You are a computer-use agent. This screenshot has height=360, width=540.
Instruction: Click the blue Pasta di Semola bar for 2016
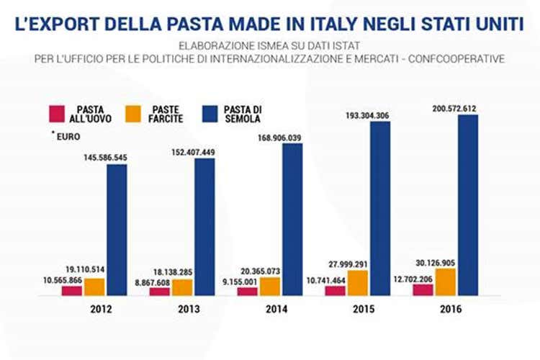point(467,205)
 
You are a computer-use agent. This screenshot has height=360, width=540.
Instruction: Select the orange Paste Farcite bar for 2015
point(358,282)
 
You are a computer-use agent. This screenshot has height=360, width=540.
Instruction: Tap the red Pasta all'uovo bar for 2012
point(71,290)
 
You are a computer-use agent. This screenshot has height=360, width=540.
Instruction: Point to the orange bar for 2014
point(270,286)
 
